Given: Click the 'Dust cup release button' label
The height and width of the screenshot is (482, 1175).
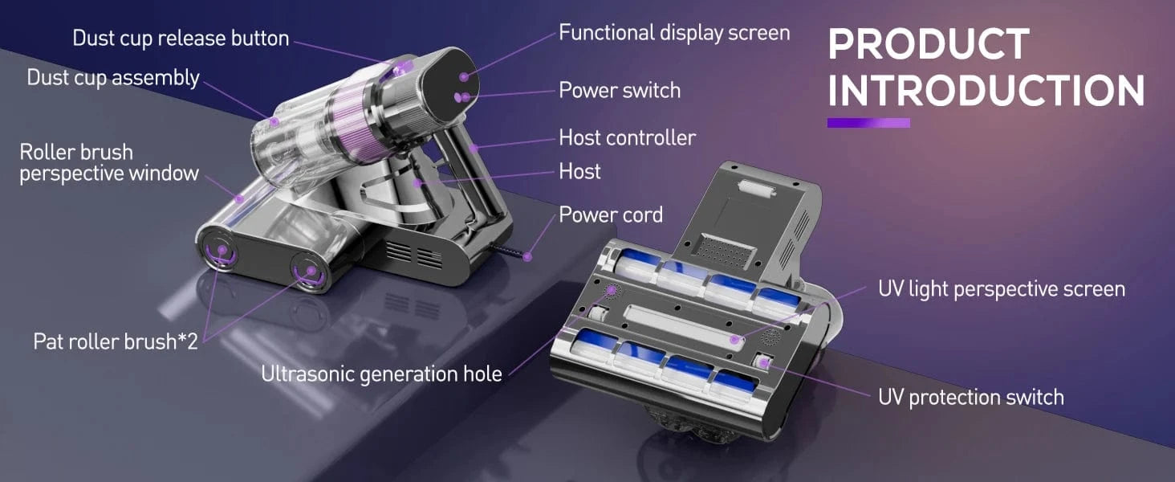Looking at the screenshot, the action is click(x=181, y=39).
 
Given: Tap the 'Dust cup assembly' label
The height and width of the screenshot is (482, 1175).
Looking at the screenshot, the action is click(x=113, y=78).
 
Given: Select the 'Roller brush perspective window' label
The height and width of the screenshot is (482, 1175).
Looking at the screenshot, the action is click(x=109, y=163).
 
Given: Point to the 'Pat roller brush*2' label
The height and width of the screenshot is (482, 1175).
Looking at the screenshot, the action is click(x=116, y=341).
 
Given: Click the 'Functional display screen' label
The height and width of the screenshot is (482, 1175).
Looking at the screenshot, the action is click(x=674, y=33).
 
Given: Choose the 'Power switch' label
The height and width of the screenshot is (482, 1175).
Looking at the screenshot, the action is click(x=620, y=90).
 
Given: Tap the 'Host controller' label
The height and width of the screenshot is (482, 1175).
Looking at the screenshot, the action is click(x=628, y=137).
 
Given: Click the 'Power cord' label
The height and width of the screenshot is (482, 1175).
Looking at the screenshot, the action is click(x=611, y=214).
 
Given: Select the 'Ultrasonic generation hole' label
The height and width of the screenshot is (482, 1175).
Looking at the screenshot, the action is click(x=381, y=374).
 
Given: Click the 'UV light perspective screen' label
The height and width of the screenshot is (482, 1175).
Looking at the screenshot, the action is click(x=1002, y=288).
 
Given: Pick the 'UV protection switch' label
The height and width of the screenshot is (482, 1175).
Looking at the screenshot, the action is click(x=971, y=397).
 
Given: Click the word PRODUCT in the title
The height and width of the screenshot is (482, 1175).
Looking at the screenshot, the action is click(x=929, y=44).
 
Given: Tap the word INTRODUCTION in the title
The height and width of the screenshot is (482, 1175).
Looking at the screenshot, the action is click(x=986, y=91).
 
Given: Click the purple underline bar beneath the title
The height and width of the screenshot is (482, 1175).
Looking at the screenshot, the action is click(x=868, y=123).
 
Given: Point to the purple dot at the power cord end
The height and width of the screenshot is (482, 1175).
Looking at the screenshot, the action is click(x=527, y=256).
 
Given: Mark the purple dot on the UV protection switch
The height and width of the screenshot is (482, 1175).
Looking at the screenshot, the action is click(x=764, y=361).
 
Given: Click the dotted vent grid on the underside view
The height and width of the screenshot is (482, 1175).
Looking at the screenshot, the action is click(x=725, y=251).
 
